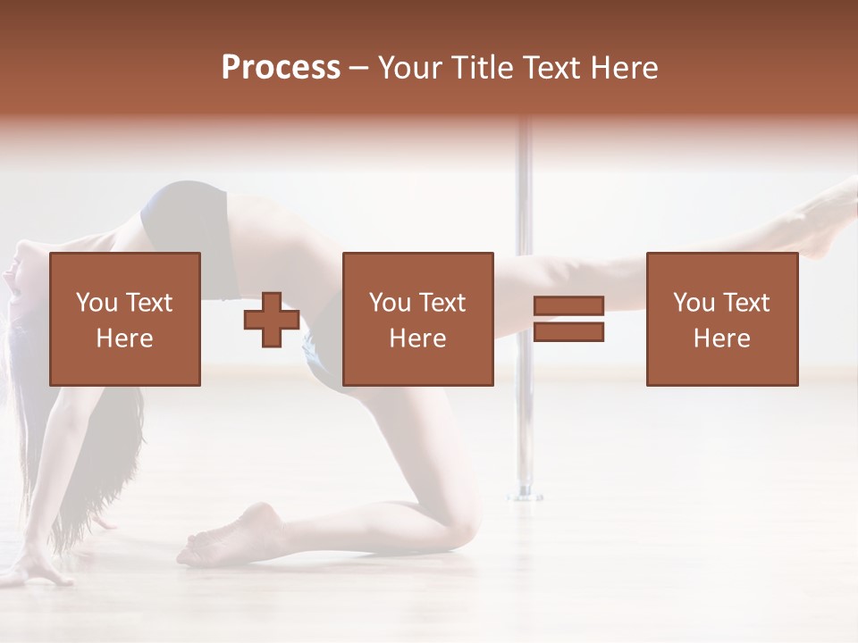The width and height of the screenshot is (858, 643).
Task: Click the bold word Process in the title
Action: [x=281, y=68]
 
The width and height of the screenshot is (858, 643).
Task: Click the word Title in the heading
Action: [x=484, y=68]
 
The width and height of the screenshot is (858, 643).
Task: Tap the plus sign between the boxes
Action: [x=272, y=320]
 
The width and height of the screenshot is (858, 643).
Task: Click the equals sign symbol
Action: [x=569, y=319]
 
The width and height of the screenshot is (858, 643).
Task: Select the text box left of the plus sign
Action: [x=124, y=319]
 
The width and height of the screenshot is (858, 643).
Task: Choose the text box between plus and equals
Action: [x=417, y=319]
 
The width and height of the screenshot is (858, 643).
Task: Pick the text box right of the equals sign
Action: [x=721, y=319]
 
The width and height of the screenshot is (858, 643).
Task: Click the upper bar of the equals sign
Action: [x=569, y=306]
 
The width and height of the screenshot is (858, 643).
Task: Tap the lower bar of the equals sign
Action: [x=569, y=332]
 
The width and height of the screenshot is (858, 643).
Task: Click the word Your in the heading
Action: [x=410, y=68]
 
